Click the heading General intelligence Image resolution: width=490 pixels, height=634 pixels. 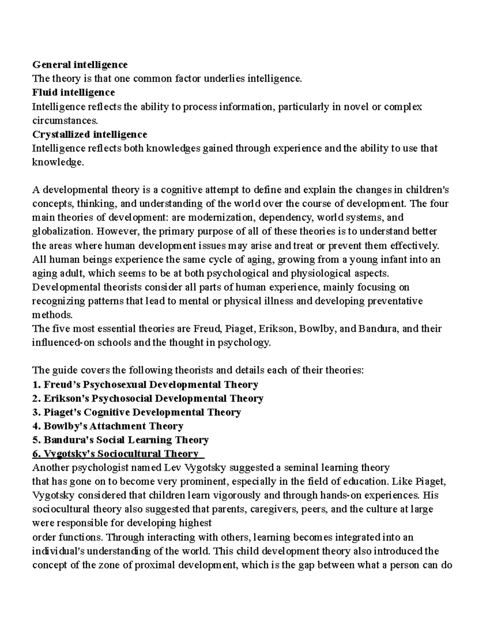coord(80,65)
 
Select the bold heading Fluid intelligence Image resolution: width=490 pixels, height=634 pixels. coord(73,92)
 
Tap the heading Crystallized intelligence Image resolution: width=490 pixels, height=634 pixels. coord(89,134)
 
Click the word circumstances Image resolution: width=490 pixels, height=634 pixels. coord(65,120)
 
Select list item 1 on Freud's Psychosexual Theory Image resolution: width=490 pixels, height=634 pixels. coord(145,385)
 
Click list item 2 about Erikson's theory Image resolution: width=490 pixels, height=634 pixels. coord(147,398)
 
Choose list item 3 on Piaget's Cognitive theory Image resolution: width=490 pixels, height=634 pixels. coord(136,412)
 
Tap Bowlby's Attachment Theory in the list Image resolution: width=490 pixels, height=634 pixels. coord(107,426)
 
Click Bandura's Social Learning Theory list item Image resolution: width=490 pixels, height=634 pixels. coord(120,440)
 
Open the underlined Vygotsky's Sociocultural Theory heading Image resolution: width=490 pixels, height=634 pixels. coord(118,454)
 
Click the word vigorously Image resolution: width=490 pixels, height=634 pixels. coord(234,496)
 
